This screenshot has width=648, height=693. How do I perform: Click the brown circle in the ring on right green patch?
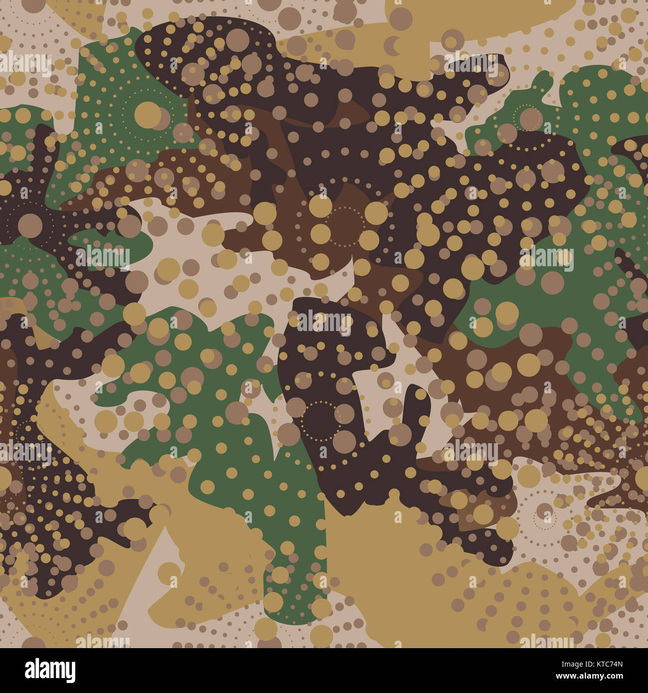point(530,118)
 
